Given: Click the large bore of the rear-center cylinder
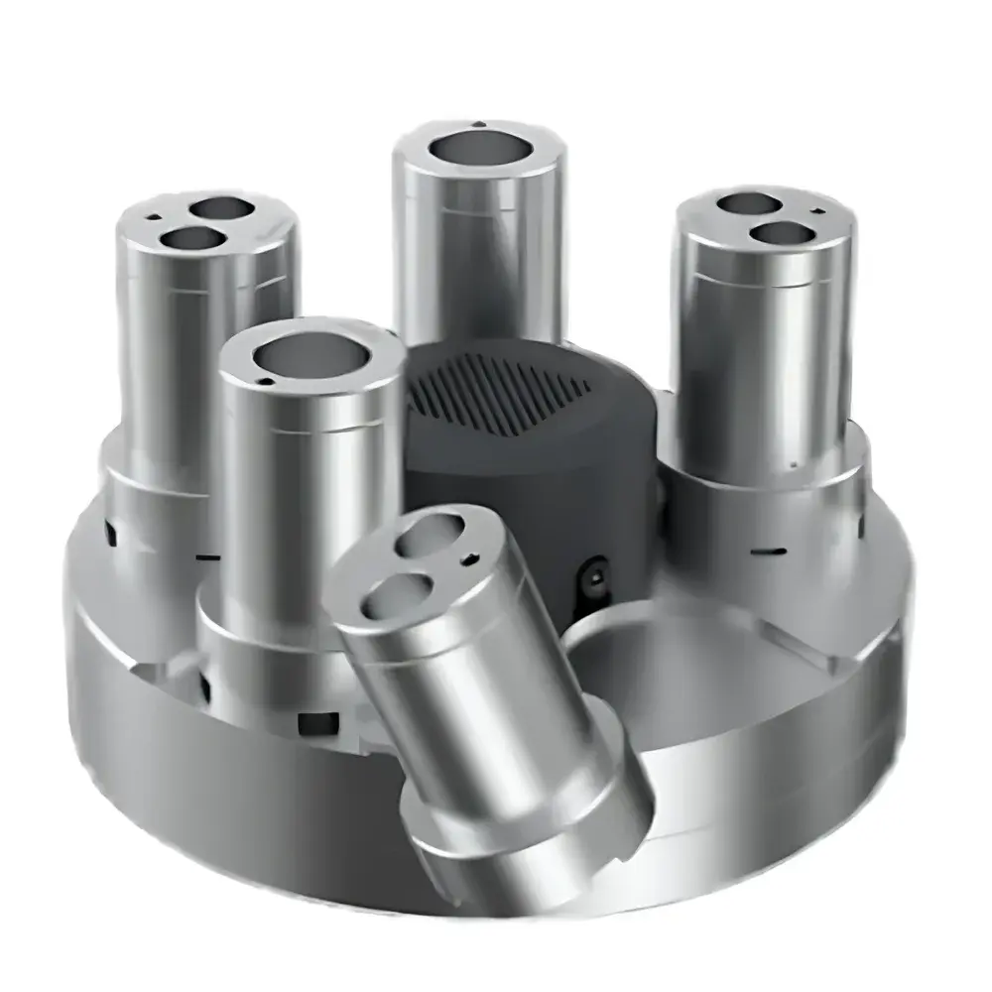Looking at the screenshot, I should tap(479, 150).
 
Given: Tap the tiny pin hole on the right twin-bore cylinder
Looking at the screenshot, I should tap(814, 210).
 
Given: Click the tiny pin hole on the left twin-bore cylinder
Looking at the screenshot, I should tap(155, 216).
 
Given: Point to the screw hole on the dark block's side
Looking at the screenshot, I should tap(595, 572).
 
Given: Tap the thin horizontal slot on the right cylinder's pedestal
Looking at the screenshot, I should tap(771, 550).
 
